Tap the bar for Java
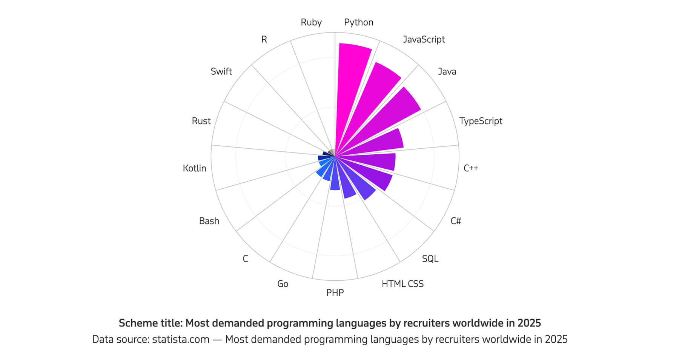(389, 113)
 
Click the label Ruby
(311, 23)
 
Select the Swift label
(221, 72)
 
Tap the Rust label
(201, 121)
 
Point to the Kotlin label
(194, 168)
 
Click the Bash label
(209, 221)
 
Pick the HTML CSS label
(402, 284)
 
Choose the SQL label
(430, 259)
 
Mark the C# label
(456, 221)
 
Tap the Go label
(283, 284)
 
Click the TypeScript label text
(481, 121)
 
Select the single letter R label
(264, 40)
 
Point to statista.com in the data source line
(181, 340)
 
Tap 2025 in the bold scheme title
(529, 323)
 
